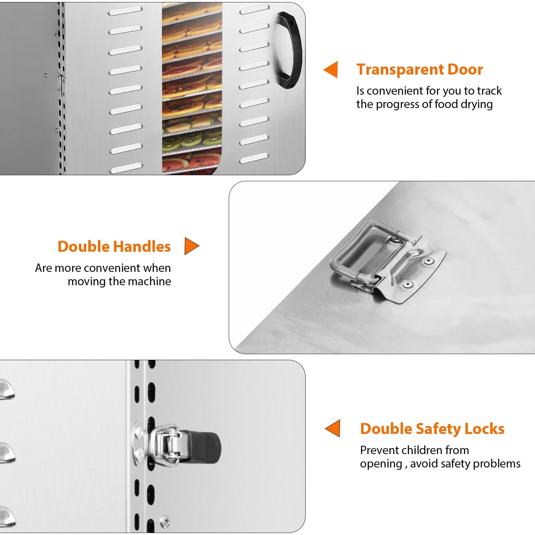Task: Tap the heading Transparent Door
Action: pos(420,70)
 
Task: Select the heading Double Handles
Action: pos(114,246)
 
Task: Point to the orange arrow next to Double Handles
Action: pos(192,246)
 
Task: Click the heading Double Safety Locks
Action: pos(432,429)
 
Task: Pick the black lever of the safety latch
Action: pos(202,447)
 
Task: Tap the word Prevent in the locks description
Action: pos(377,450)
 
